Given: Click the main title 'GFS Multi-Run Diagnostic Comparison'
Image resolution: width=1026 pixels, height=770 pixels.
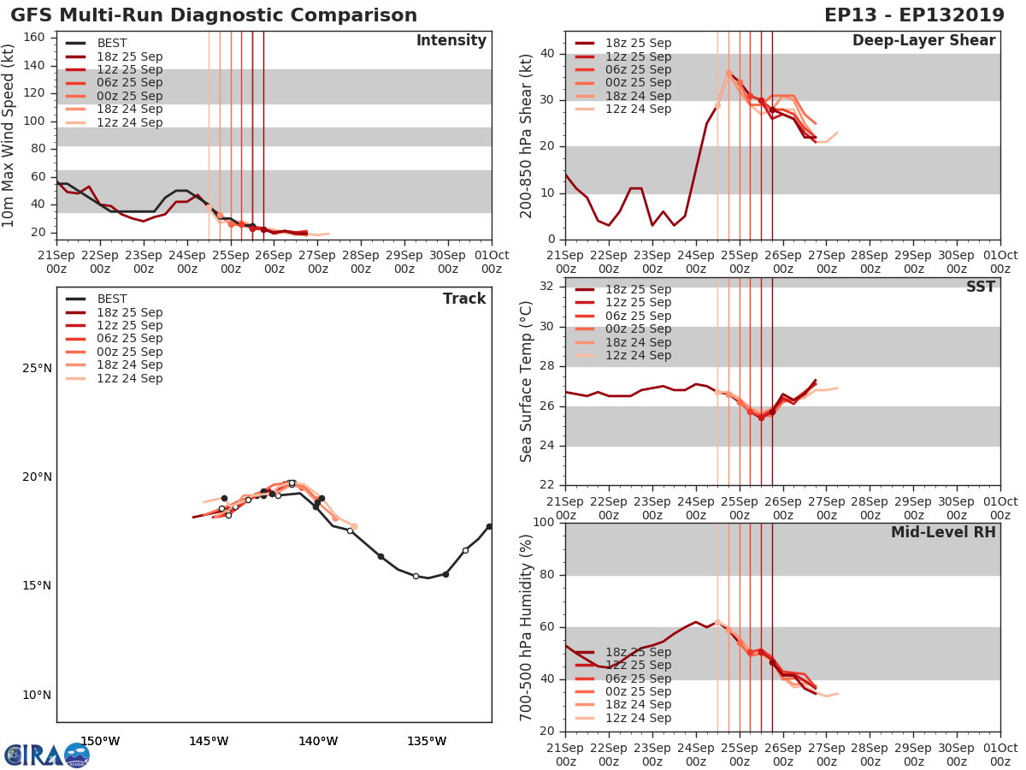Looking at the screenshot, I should coord(214,15).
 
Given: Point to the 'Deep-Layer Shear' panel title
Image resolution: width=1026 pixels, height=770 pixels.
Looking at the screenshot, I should coord(923,41).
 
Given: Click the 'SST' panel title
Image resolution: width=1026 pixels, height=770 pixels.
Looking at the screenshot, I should coord(980,287).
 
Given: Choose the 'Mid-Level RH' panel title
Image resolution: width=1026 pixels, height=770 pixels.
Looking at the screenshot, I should coord(943,532).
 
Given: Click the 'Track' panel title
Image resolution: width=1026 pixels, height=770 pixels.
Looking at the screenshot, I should coord(463,299).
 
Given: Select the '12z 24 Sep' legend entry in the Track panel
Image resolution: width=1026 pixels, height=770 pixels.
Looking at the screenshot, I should coord(128,378).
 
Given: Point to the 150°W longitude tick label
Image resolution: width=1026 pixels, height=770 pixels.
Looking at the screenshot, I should coord(100,741).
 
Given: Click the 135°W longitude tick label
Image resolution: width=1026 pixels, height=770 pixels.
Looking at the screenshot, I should coord(427,741).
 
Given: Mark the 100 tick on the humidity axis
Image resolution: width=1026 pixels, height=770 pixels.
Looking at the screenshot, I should coord(544,523).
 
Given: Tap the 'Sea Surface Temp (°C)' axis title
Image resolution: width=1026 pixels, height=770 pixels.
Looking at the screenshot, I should coord(528,382).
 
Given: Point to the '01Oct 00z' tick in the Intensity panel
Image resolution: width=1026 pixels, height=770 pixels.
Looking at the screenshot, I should coord(492,262).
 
